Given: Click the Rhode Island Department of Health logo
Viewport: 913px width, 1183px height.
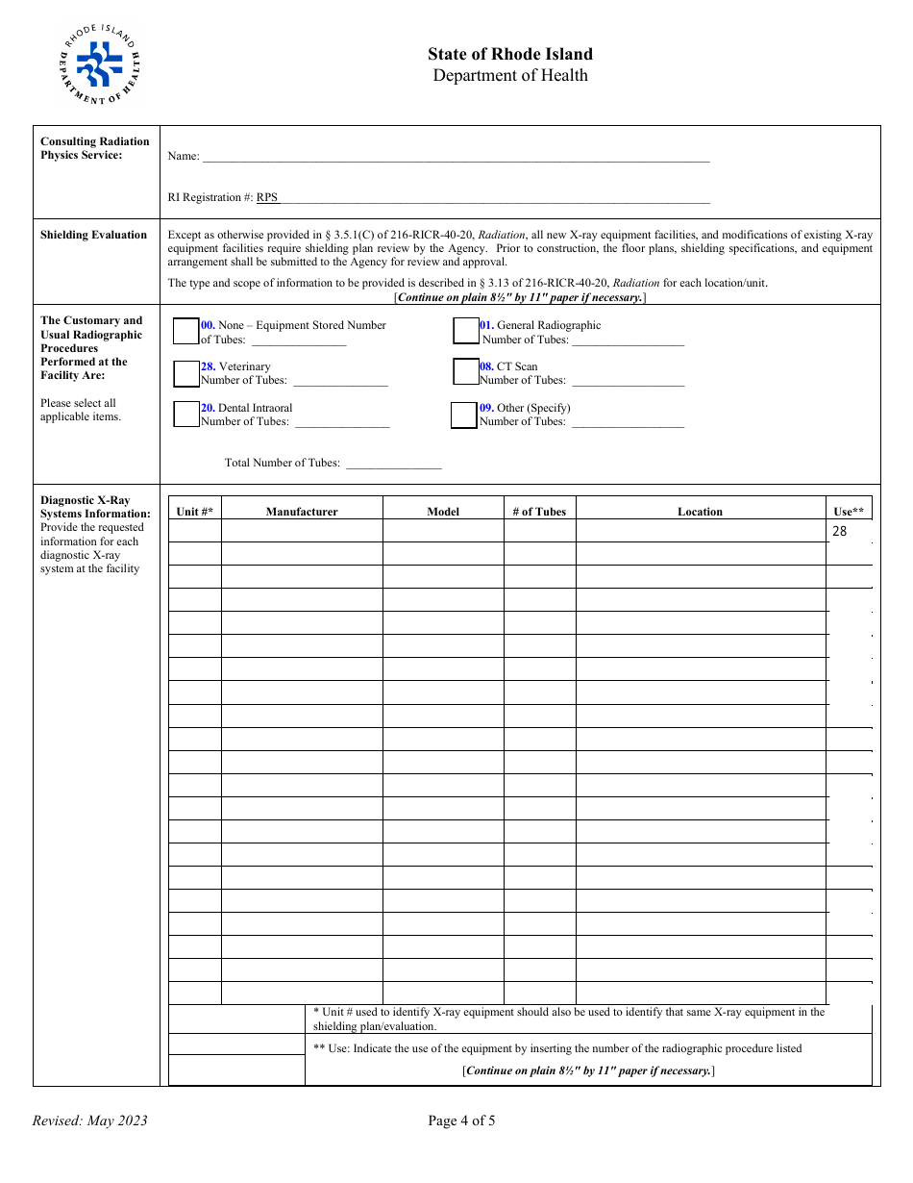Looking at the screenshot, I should coord(99,64).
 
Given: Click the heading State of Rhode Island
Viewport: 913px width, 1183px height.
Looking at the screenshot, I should coord(509,54).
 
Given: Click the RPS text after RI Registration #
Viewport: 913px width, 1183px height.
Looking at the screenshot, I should coord(267,197).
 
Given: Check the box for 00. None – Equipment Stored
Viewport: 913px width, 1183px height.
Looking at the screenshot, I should coord(185,331).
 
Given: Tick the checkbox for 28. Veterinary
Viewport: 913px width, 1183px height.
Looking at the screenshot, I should coord(185,373).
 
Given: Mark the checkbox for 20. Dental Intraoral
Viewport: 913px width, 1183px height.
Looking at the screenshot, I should coord(185,414).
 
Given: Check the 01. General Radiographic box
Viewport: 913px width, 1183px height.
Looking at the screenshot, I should coord(466,331).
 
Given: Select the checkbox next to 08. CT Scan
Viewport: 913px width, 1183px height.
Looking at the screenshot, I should coord(466,371).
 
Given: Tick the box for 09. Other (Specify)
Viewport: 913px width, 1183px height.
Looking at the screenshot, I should coord(464,415).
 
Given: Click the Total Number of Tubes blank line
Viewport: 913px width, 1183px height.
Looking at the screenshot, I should coord(393,464).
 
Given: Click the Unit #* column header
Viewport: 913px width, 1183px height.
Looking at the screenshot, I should coord(194,512).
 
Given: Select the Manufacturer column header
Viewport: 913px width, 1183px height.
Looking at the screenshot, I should coord(302,512).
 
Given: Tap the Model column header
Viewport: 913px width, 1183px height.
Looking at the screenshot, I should coord(443,512).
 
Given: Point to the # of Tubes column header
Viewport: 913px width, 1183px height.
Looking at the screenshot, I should coord(539,512).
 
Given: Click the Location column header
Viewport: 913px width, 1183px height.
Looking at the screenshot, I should coord(700,512).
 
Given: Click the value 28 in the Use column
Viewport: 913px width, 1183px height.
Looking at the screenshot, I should coord(840,531).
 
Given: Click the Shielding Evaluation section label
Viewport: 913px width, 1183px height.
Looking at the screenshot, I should coord(93,235).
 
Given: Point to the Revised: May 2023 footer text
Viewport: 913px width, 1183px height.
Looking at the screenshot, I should coord(90,1120).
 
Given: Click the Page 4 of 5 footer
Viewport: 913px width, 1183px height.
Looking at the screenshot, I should coord(461,1120).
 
